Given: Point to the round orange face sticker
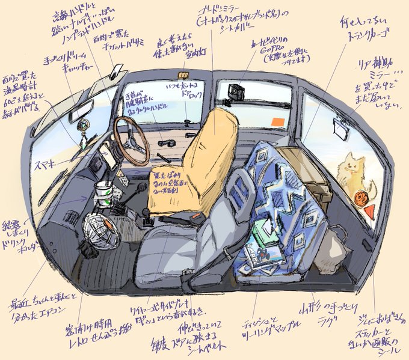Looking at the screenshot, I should point(361,197).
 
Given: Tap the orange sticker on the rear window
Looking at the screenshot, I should point(277,122).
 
